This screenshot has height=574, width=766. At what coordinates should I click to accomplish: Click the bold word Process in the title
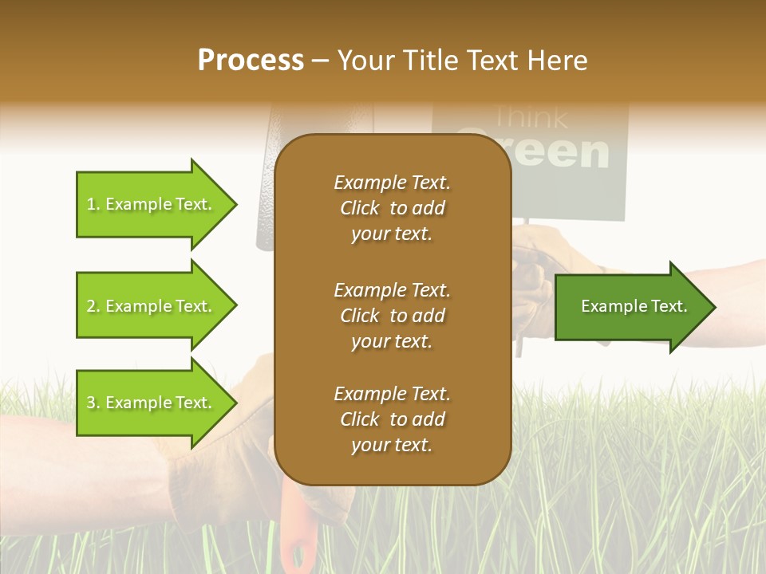[x=251, y=61]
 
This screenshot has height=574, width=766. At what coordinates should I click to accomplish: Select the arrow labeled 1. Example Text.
[x=152, y=204]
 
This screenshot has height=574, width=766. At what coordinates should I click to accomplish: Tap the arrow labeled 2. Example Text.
[x=152, y=306]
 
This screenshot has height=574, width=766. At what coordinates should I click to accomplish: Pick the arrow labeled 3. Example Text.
[x=152, y=403]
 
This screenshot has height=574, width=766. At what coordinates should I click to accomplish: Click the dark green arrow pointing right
[x=630, y=307]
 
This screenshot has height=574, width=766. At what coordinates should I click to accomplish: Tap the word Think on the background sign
[x=531, y=118]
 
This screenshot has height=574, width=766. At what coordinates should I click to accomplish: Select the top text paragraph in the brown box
[x=392, y=208]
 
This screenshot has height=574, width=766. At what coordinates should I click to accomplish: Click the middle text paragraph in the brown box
[x=392, y=316]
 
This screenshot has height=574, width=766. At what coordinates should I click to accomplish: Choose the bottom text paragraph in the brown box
[x=392, y=419]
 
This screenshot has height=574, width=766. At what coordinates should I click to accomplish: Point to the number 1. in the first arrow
[x=93, y=204]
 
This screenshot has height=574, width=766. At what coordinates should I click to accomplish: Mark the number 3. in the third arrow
[x=93, y=403]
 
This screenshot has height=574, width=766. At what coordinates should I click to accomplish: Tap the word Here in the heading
[x=558, y=61]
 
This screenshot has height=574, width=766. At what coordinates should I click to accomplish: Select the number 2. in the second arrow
[x=93, y=306]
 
